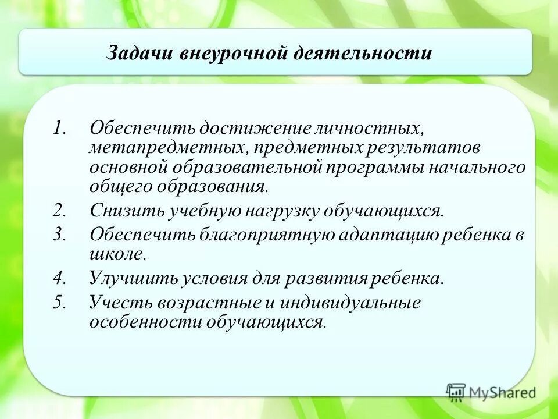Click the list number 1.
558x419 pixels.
[58, 127]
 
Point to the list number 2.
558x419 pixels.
[59, 210]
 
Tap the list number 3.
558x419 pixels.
[59, 234]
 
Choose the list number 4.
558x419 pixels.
[59, 278]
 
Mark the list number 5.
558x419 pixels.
[59, 302]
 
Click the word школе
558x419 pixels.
[117, 254]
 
